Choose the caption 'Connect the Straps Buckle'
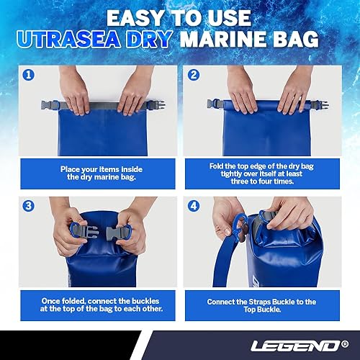click(x=267, y=300)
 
